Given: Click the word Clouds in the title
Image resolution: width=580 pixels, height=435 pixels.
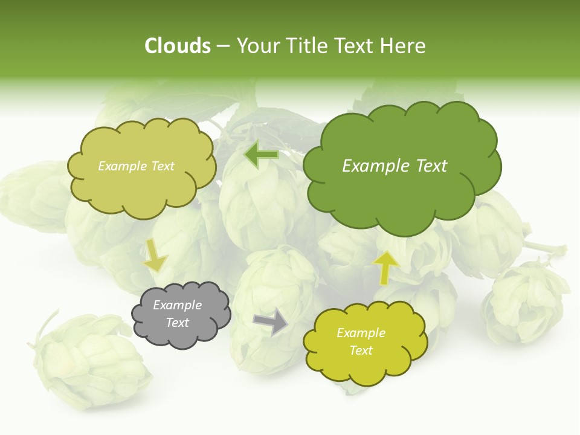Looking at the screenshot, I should [x=178, y=46].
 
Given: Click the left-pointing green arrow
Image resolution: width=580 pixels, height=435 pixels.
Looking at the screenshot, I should [x=261, y=155].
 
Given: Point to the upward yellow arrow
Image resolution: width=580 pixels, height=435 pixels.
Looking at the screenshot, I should [x=386, y=267].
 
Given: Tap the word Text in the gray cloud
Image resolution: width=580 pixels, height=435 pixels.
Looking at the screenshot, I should [x=177, y=323].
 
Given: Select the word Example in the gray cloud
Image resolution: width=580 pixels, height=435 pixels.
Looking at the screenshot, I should [x=177, y=305].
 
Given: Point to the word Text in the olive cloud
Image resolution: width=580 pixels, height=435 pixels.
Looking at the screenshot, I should [x=162, y=166].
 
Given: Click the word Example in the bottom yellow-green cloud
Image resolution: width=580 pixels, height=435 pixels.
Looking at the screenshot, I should [x=361, y=333].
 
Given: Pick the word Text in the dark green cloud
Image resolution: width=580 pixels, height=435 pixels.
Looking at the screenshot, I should [x=431, y=166].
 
